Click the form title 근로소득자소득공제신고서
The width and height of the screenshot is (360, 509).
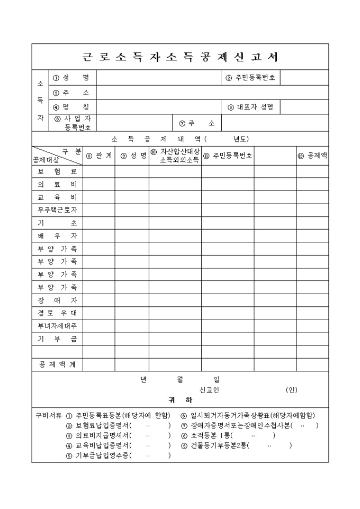tap(180, 57)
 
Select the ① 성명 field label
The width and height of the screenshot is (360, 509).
tap(71, 78)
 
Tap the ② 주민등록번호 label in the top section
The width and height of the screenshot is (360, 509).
tap(250, 78)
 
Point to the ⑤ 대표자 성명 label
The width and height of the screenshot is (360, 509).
tap(250, 107)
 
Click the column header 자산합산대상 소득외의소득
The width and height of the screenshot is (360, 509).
tap(175, 156)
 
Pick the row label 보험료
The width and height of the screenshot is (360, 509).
tap(57, 172)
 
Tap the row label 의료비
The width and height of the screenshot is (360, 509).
tap(57, 185)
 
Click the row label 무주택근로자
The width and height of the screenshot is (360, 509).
tap(57, 210)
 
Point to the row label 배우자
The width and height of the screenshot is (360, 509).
tap(57, 235)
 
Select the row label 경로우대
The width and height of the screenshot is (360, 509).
tap(57, 313)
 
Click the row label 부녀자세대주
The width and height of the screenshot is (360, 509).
tap(57, 325)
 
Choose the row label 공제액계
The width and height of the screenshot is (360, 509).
tap(57, 365)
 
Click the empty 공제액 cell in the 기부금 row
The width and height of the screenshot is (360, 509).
tap(312, 339)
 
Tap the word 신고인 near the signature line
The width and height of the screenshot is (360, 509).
tap(209, 390)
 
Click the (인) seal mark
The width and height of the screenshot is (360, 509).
tap(292, 390)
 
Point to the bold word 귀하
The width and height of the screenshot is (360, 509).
tap(180, 401)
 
